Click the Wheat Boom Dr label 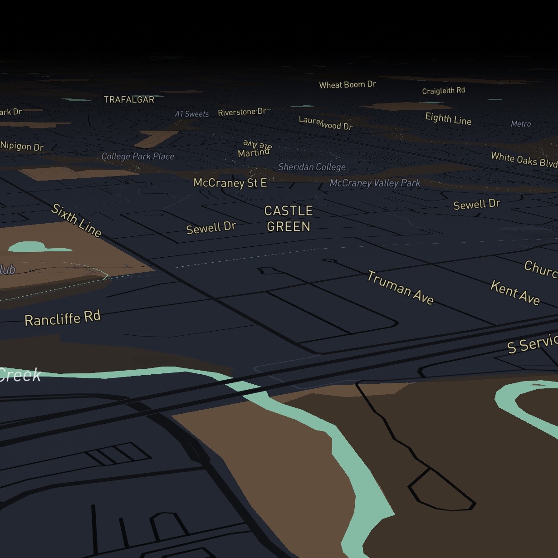pos(348,85)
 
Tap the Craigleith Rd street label pos(443,91)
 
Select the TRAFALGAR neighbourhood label pos(129,100)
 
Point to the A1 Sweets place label pos(192,114)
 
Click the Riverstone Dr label pos(242,112)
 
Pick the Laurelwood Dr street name pos(325,123)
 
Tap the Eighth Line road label pos(448,119)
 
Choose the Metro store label pos(520,124)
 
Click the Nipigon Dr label pos(22,146)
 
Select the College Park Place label pos(137,157)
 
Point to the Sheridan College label pos(312,167)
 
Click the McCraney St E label pos(230,183)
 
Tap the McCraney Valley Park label pos(375,183)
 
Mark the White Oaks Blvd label pos(524,160)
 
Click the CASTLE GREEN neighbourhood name pos(289,218)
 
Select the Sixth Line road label pos(76,220)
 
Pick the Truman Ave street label pos(400,287)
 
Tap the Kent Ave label pos(515,293)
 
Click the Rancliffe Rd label pos(63,318)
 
